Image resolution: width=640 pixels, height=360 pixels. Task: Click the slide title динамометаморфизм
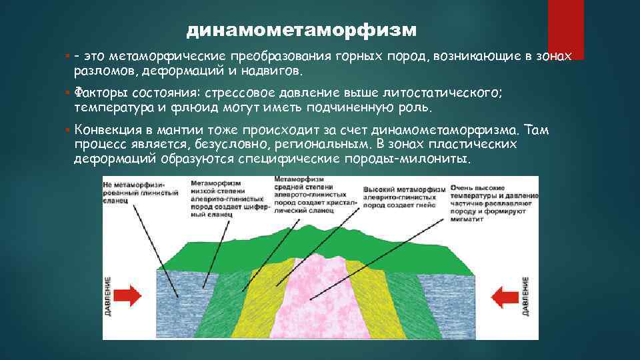(x=301, y=31)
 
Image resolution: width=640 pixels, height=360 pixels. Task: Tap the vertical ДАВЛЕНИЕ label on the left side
(x=109, y=296)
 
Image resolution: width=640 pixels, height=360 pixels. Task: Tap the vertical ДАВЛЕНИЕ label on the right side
(x=527, y=296)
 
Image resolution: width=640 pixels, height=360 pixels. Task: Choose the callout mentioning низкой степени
(x=230, y=197)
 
